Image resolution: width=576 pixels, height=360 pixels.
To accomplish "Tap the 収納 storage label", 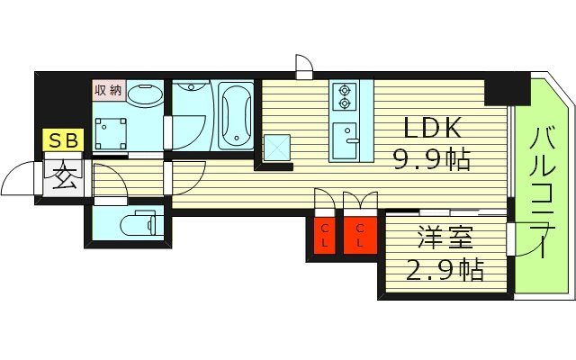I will coord(107,90).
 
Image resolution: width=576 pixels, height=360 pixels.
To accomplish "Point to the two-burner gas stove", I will coord(345,95).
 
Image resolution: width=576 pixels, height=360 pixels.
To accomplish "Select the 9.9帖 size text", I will coord(430,161).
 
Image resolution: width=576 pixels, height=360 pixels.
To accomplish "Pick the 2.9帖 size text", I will coord(444,269).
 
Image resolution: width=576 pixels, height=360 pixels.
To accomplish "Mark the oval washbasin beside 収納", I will coord(143,93).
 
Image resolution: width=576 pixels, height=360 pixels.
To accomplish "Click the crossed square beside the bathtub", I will coord(276,147).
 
